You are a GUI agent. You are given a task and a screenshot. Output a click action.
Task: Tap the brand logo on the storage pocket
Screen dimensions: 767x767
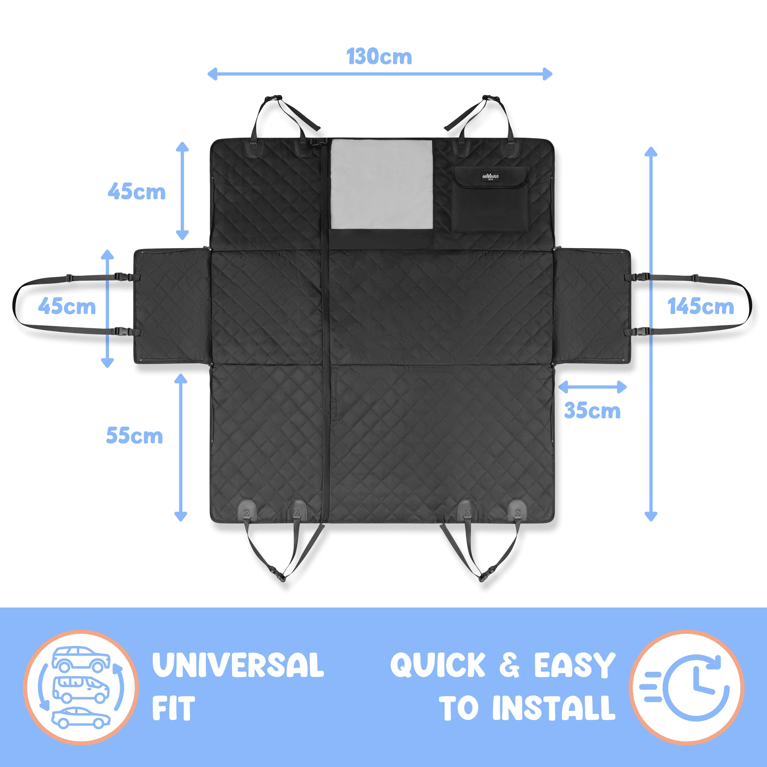[x=490, y=177]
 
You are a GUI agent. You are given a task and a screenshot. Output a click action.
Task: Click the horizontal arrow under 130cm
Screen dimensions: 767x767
[x=380, y=74]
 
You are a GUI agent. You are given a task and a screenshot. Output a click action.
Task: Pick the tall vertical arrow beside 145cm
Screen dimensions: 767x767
[x=651, y=334]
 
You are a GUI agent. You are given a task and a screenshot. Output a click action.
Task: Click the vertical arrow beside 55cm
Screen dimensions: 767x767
[x=181, y=447]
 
